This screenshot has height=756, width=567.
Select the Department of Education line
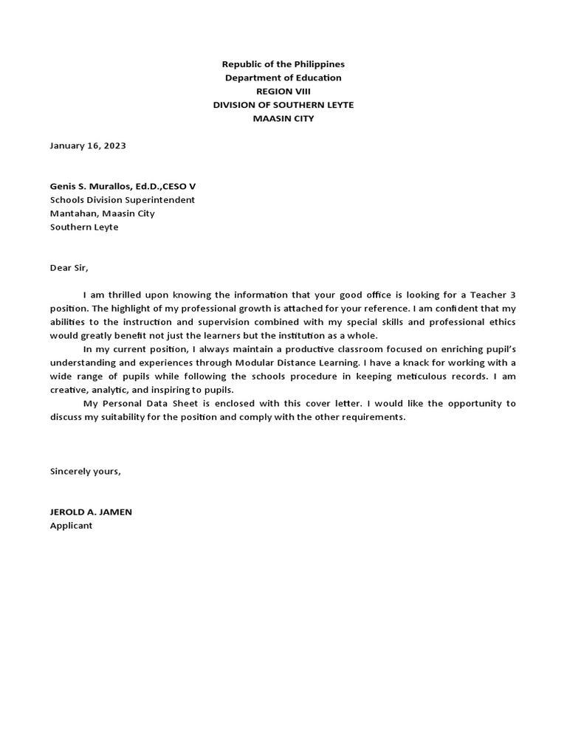click(x=283, y=78)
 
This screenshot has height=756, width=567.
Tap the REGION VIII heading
click(x=283, y=92)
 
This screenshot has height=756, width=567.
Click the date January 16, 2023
click(x=88, y=145)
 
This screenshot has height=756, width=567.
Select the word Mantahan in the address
click(x=71, y=213)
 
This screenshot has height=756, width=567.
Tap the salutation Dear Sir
click(x=69, y=268)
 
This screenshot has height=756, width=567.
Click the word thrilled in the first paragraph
click(x=116, y=295)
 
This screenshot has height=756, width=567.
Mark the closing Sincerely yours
click(x=85, y=471)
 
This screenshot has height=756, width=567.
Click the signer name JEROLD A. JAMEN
click(x=91, y=512)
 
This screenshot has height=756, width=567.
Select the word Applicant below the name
click(x=71, y=526)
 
